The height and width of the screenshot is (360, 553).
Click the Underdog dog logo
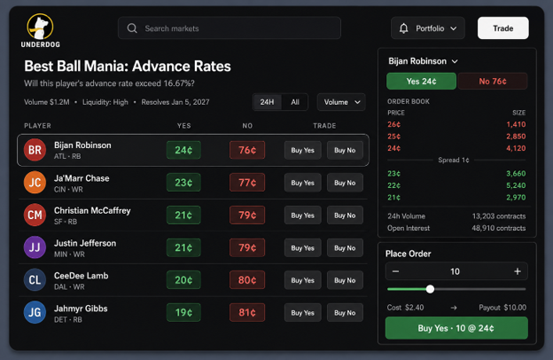(x=40, y=27)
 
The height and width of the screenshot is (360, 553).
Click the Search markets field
(x=230, y=28)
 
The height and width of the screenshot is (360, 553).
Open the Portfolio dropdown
(x=428, y=28)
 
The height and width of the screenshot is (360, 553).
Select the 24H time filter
(x=267, y=102)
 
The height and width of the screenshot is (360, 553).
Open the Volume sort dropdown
(x=341, y=102)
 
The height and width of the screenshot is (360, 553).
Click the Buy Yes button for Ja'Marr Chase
(x=302, y=183)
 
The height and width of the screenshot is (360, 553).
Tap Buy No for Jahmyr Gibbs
(x=345, y=313)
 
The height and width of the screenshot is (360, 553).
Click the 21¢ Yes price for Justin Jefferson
(x=183, y=247)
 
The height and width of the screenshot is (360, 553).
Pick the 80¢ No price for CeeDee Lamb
(x=247, y=280)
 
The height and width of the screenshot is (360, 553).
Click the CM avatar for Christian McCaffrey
(x=35, y=215)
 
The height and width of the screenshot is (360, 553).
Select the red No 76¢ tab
(x=493, y=82)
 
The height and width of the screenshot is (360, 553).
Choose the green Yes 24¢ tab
(x=421, y=82)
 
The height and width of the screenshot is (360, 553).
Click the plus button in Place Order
(x=518, y=271)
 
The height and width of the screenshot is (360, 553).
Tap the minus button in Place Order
(x=396, y=271)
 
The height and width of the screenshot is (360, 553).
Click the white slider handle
(x=430, y=289)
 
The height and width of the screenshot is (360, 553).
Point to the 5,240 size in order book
(x=516, y=185)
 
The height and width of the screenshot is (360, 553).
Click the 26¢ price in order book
(x=394, y=124)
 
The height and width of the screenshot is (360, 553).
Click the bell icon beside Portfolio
(x=404, y=28)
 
